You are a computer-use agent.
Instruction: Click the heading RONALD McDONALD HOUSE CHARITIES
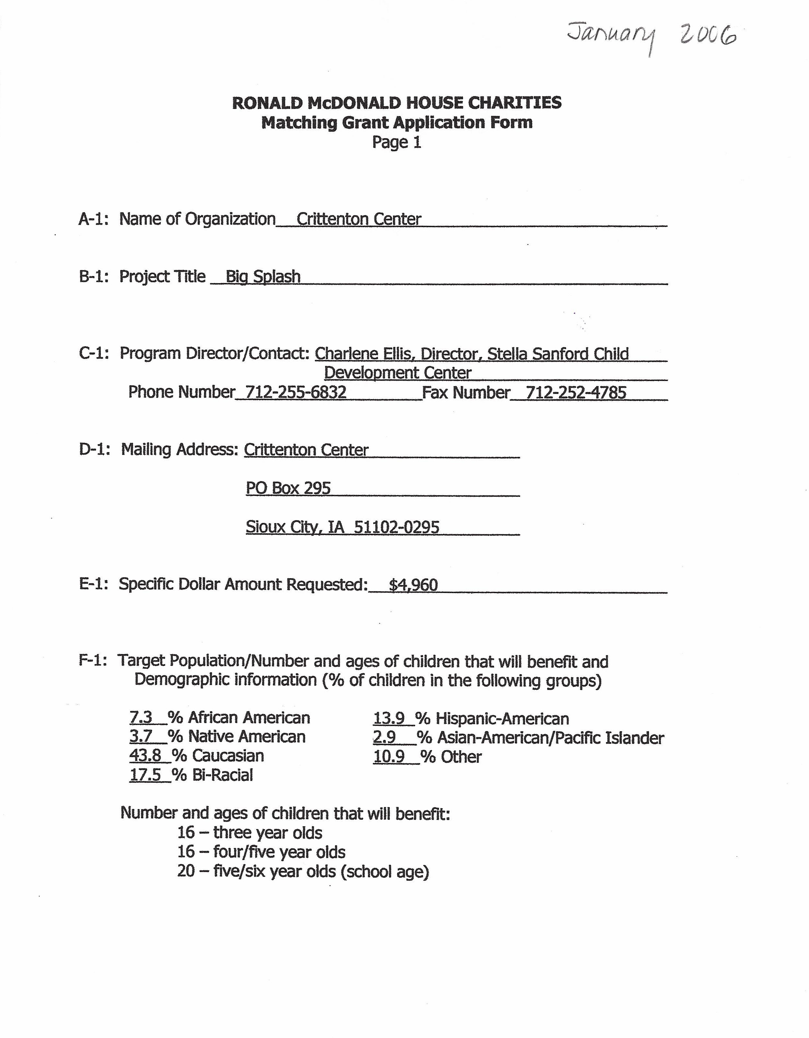[397, 103]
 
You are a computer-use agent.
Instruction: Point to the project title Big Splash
[263, 276]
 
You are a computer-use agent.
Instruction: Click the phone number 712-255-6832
[295, 392]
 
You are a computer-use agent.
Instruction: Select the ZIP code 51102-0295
[397, 527]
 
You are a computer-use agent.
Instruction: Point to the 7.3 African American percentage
[141, 717]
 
